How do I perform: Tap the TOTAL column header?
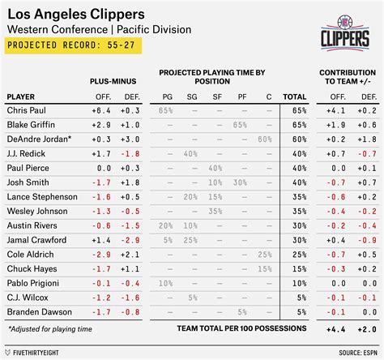click(294, 95)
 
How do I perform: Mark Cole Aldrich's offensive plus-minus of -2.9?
click(103, 254)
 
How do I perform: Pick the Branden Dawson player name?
click(34, 312)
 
